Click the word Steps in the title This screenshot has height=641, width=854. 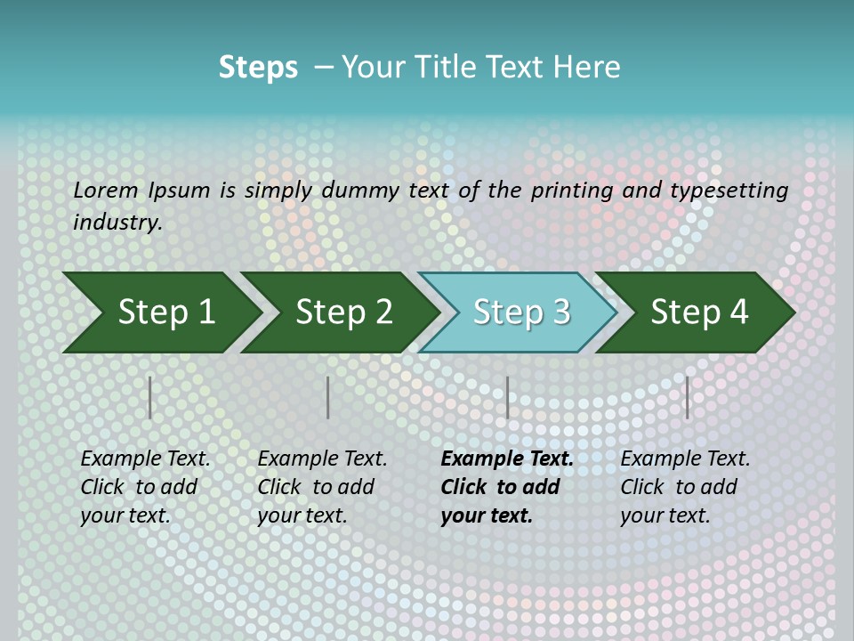coord(258,68)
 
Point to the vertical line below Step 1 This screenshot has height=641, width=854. coord(150,397)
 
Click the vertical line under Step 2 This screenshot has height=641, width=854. coord(328,397)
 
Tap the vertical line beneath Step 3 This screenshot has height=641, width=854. coord(508,397)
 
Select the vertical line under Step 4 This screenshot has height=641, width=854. coord(688,397)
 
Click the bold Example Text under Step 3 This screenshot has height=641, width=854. coord(507,459)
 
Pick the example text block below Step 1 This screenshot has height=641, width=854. coord(145,487)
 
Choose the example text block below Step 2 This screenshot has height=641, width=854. coord(322,487)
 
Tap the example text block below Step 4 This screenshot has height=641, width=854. coord(685,487)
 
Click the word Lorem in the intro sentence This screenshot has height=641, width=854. coord(105,191)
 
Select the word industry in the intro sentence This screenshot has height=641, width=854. coord(117,223)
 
